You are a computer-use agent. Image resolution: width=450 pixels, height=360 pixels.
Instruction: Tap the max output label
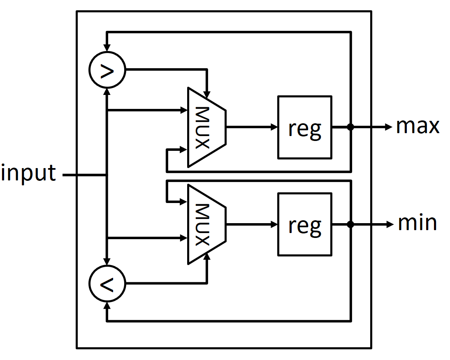[x=418, y=126]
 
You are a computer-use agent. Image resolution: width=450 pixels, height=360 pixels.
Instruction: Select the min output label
[x=417, y=223]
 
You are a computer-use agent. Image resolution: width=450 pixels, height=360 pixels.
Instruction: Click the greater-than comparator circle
[x=107, y=71]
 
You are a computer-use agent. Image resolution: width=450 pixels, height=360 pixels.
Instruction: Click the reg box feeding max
[x=304, y=127]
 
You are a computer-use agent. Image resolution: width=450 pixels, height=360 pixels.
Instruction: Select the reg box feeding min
[x=304, y=224]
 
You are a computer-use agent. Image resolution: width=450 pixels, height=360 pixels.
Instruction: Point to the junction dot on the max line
[x=350, y=127]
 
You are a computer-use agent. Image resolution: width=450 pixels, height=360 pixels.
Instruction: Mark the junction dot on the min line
[x=350, y=224]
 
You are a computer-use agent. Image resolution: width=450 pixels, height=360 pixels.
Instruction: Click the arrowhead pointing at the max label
[x=388, y=127]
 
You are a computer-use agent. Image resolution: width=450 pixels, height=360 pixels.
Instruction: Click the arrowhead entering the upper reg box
[x=274, y=127]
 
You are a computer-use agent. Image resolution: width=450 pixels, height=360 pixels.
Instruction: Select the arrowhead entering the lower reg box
[x=274, y=224]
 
